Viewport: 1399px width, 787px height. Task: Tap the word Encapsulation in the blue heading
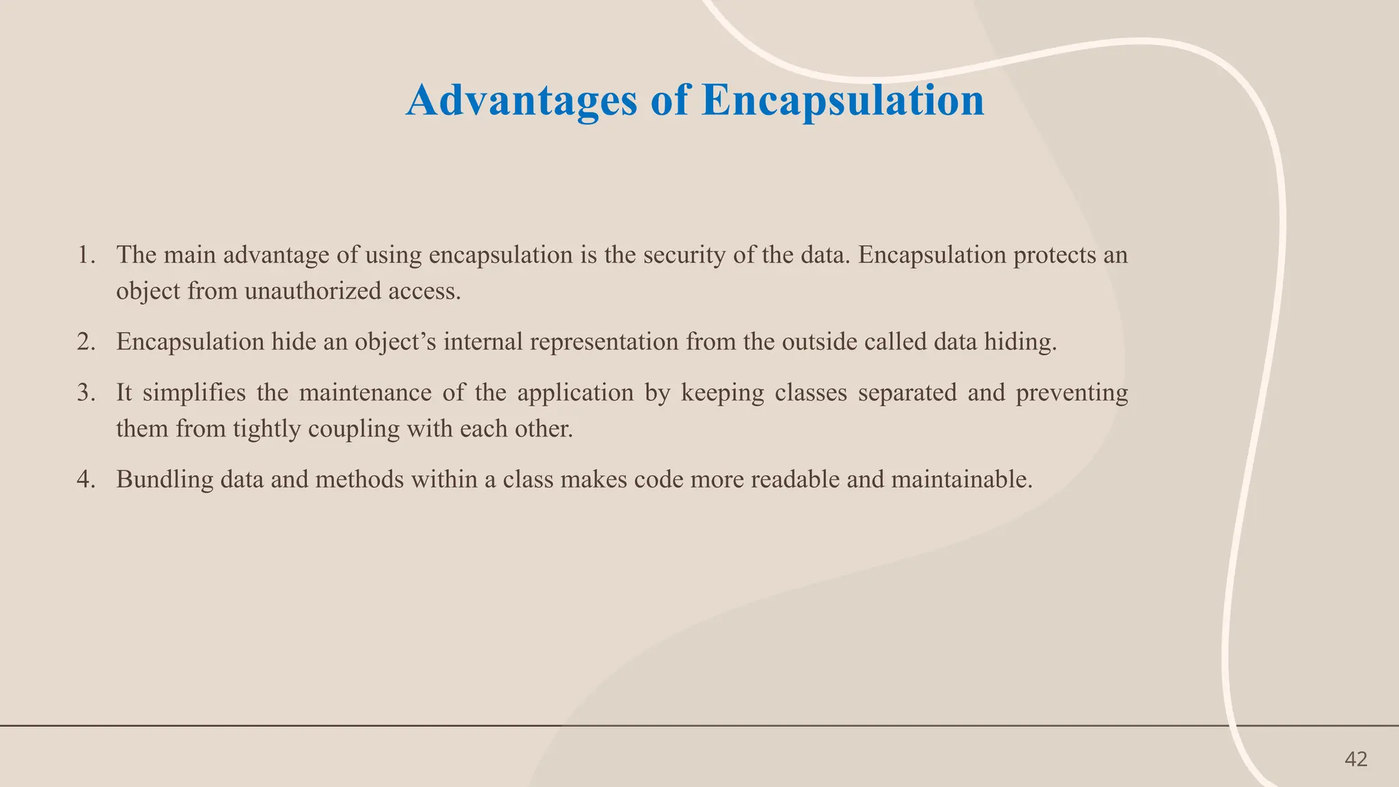point(843,101)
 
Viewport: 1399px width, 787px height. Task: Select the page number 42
point(1355,759)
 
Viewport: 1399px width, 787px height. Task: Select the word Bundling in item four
point(165,480)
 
